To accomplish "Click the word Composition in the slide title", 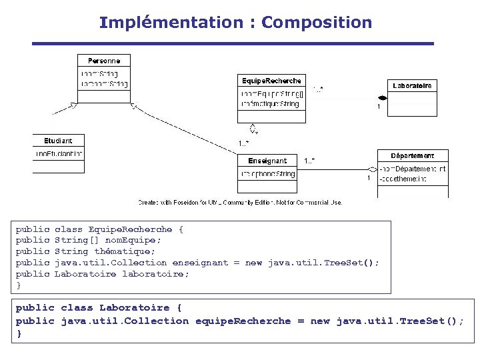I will tap(317, 23).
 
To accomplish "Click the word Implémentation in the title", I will tap(171, 23).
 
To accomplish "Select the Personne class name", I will tap(104, 61).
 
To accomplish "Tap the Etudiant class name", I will tap(58, 141).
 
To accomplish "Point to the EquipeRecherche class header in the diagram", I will tap(271, 81).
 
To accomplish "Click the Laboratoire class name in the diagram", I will tap(412, 85).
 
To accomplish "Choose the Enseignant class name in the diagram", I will tap(267, 161).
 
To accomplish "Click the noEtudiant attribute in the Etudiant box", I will tap(59, 154).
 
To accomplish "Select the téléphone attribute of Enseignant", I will tap(268, 174).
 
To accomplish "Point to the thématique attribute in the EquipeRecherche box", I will tap(270, 104).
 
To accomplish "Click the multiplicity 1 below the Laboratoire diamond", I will tap(379, 107).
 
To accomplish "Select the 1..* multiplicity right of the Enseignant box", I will tap(309, 161).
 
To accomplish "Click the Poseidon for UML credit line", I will tap(240, 202).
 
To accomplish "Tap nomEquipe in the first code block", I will tap(133, 240).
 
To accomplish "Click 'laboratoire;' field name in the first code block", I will tap(155, 274).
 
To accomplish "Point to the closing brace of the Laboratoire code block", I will tap(19, 333).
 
